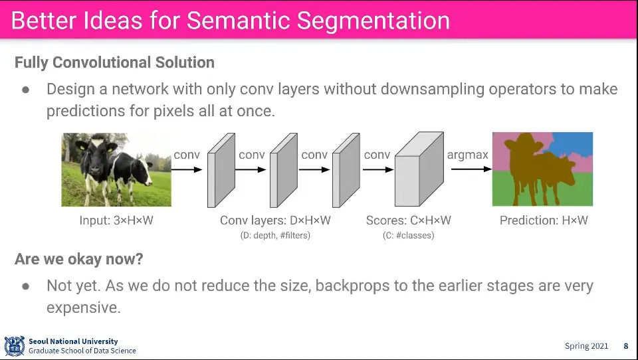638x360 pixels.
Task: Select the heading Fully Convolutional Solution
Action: point(114,62)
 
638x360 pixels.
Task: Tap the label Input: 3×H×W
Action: point(116,221)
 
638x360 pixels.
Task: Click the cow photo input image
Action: point(116,169)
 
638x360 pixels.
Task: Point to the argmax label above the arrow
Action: point(467,155)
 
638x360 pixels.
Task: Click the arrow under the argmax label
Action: point(469,169)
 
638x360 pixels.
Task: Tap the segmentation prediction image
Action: point(542,169)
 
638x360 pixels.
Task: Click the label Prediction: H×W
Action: point(544,221)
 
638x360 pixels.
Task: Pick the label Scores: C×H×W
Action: point(408,221)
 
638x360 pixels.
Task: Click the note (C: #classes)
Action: point(408,235)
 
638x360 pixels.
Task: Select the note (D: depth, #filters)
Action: point(275,235)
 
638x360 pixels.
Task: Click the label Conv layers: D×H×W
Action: point(275,221)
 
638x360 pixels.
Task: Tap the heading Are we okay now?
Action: point(79,259)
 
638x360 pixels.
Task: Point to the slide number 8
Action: point(625,346)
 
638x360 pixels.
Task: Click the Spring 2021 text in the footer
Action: point(586,346)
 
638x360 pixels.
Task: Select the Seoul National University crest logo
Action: point(14,346)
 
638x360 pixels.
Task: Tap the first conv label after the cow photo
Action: point(187,155)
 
